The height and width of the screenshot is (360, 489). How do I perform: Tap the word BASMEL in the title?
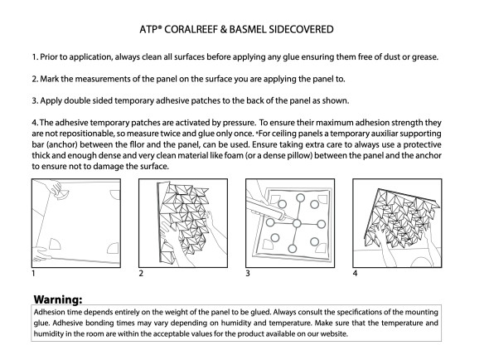coord(247,29)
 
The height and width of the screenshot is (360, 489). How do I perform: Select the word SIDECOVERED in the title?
coord(301,29)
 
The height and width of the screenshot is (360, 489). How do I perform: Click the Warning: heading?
coord(58,299)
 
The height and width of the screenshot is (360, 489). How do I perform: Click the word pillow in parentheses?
coord(300,155)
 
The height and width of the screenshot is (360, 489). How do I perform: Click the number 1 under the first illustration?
coord(33,274)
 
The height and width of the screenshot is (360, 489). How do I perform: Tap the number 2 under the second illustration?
coord(141,274)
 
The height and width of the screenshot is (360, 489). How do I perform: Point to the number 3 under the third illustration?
coord(248,274)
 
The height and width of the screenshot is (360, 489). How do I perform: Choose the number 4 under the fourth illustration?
coord(355,274)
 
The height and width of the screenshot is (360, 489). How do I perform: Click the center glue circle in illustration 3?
coord(297,223)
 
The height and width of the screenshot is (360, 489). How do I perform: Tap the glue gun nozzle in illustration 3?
coord(288,216)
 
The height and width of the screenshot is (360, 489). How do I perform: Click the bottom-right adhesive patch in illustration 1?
coord(114,249)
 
